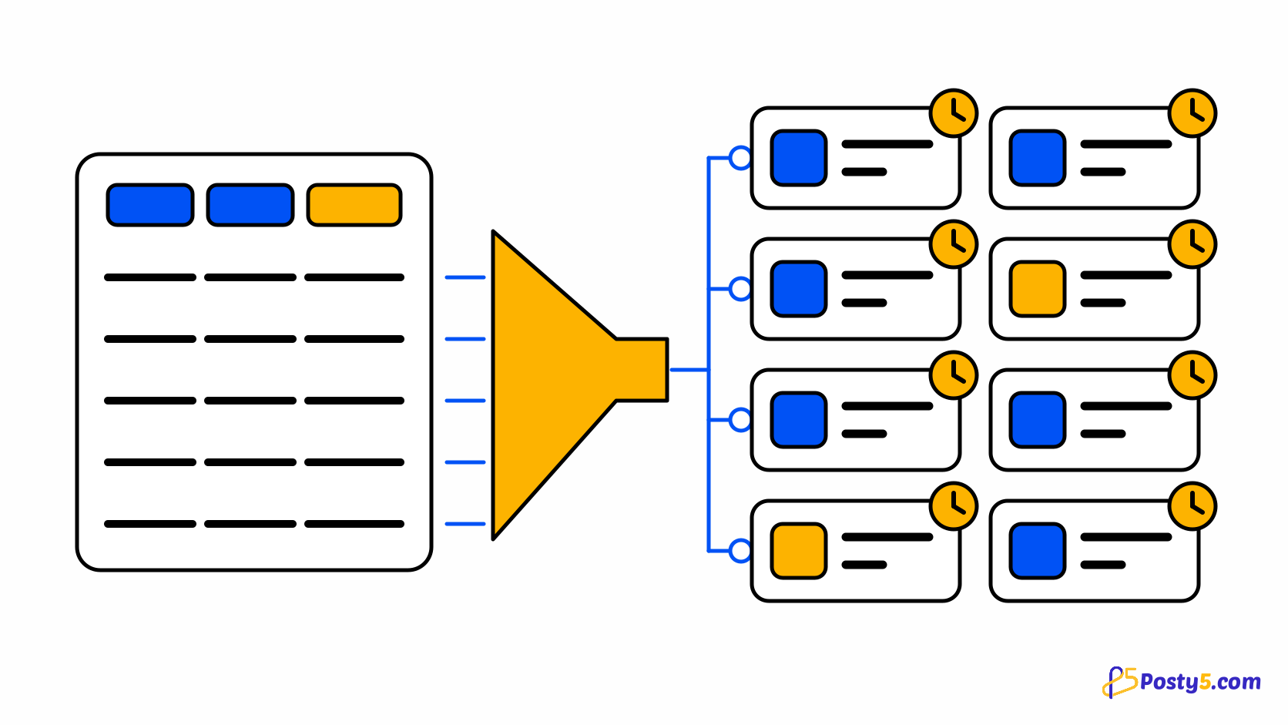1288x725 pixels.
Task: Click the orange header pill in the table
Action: pyautogui.click(x=354, y=205)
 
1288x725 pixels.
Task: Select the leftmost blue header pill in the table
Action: pyautogui.click(x=150, y=205)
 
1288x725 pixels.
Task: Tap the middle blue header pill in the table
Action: pyautogui.click(x=250, y=205)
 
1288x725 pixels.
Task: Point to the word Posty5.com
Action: pyautogui.click(x=1200, y=682)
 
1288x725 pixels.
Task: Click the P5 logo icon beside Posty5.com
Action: pyautogui.click(x=1120, y=682)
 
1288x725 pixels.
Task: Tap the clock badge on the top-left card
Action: pyautogui.click(x=954, y=112)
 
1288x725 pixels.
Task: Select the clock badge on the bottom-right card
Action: pyautogui.click(x=1192, y=506)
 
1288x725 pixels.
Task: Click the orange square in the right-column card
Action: pyautogui.click(x=1038, y=289)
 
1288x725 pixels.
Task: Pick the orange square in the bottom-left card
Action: pyautogui.click(x=799, y=551)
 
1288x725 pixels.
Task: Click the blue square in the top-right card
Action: pyautogui.click(x=1038, y=157)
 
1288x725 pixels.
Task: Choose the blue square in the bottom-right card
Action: pyautogui.click(x=1038, y=551)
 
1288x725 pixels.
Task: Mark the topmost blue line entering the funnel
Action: pyautogui.click(x=465, y=277)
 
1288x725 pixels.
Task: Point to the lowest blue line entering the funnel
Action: pyautogui.click(x=465, y=524)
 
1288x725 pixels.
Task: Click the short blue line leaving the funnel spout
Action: pyautogui.click(x=689, y=370)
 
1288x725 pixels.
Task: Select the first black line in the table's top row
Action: pyautogui.click(x=150, y=277)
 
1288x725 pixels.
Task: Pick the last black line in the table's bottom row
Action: pyautogui.click(x=354, y=524)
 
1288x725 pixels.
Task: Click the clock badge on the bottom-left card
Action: pyautogui.click(x=954, y=506)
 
